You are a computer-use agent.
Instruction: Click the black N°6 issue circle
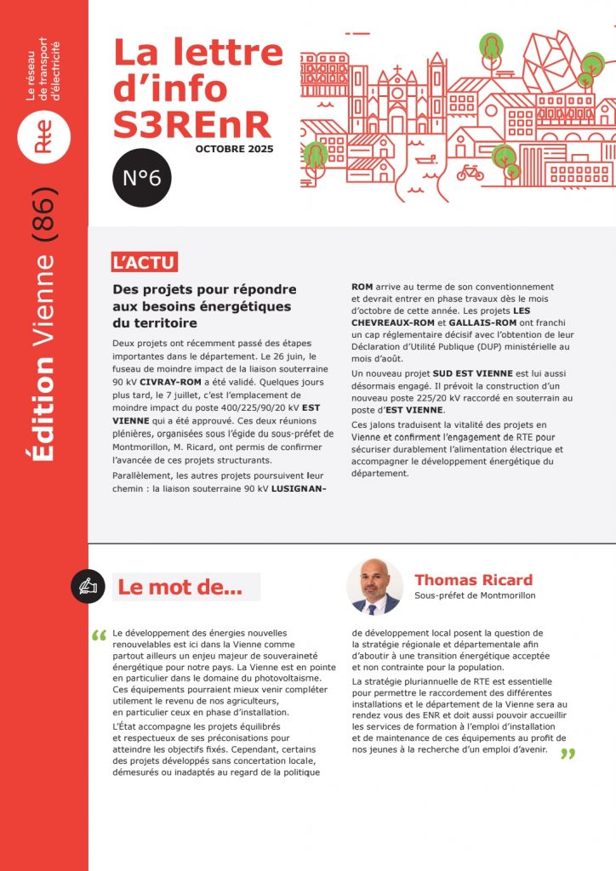[x=142, y=178]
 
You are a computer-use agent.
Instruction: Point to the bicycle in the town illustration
[x=470, y=173]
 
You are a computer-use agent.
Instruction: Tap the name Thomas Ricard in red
[x=473, y=580]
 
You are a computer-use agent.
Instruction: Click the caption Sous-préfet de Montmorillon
[x=475, y=595]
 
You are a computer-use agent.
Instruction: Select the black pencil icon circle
[x=88, y=586]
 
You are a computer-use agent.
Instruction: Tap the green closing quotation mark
[x=568, y=754]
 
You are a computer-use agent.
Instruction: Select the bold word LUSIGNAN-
[x=299, y=490]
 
